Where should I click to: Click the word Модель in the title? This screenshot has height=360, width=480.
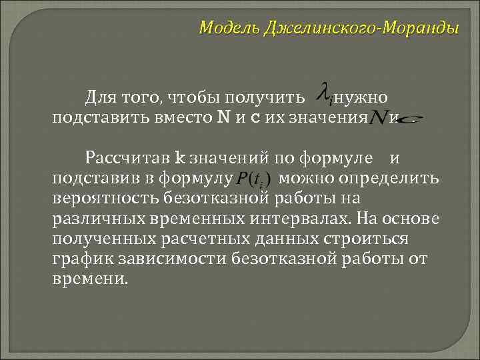pyautogui.click(x=230, y=29)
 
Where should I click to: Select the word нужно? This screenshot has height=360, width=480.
pyautogui.click(x=360, y=99)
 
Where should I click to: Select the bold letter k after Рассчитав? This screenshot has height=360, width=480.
pyautogui.click(x=179, y=158)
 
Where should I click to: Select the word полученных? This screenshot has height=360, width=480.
pyautogui.click(x=104, y=238)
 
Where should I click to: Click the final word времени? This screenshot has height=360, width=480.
pyautogui.click(x=88, y=278)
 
